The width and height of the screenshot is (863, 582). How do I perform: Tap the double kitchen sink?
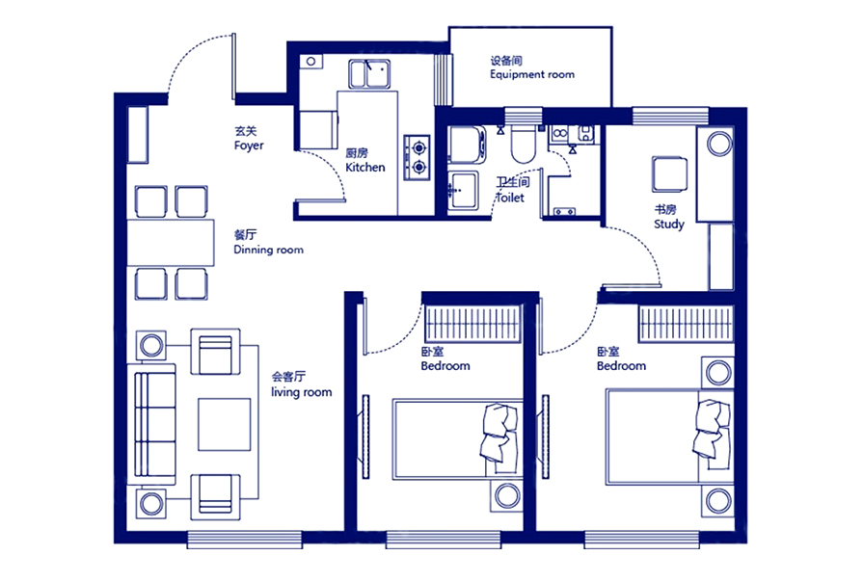(x=369, y=74)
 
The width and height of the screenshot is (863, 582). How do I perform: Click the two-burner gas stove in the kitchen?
(x=418, y=157)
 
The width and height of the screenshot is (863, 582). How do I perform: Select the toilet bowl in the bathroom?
(x=523, y=145)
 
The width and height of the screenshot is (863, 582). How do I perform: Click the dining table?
(x=171, y=243)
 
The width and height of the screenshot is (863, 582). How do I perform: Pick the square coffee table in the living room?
(x=225, y=425)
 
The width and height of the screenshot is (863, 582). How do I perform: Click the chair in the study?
(x=670, y=174)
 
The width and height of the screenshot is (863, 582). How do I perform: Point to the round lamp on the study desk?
(x=719, y=145)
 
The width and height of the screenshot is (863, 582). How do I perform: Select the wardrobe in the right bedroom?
(x=686, y=324)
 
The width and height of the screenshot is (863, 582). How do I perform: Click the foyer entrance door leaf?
(x=234, y=66)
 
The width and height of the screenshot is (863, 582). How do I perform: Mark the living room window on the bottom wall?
(x=244, y=539)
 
